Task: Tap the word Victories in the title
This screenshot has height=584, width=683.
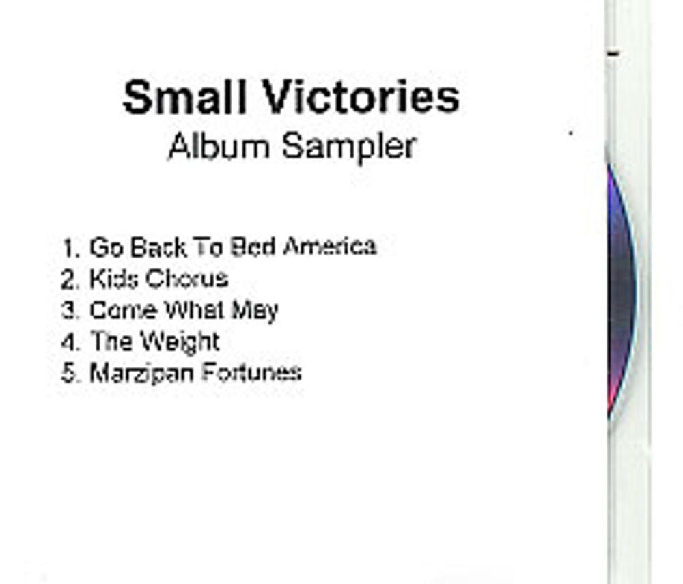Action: click(361, 98)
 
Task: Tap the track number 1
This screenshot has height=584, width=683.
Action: click(69, 247)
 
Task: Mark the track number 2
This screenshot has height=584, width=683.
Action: click(69, 279)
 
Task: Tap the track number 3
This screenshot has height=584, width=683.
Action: click(69, 311)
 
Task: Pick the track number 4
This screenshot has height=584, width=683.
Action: click(69, 342)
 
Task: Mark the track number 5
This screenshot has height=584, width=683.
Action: click(69, 374)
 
